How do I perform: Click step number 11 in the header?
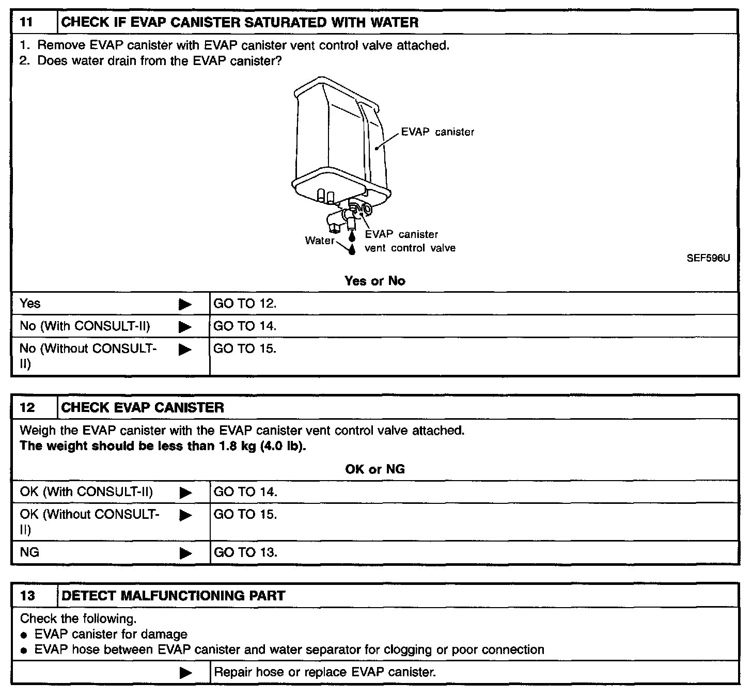(x=26, y=23)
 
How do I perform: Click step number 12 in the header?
(x=27, y=408)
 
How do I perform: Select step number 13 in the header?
(x=27, y=596)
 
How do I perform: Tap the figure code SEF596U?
(x=708, y=258)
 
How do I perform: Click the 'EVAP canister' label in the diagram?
(x=437, y=132)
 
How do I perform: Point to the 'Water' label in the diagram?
(x=320, y=241)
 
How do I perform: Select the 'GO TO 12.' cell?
(x=245, y=304)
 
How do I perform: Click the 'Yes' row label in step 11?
(x=30, y=304)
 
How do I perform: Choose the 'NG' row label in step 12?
(x=29, y=552)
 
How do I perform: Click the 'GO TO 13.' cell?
(x=245, y=552)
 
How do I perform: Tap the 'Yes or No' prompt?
(x=375, y=281)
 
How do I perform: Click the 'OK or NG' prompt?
(x=375, y=469)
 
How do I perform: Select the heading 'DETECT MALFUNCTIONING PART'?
(x=173, y=596)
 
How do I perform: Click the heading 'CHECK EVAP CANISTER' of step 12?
(x=143, y=408)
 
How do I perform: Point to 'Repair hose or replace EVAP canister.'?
(x=325, y=672)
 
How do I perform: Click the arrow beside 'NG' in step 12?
(x=185, y=553)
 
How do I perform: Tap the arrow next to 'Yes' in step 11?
(x=185, y=305)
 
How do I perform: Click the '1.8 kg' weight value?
(x=236, y=446)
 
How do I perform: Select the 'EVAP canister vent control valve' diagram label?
(x=410, y=241)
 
